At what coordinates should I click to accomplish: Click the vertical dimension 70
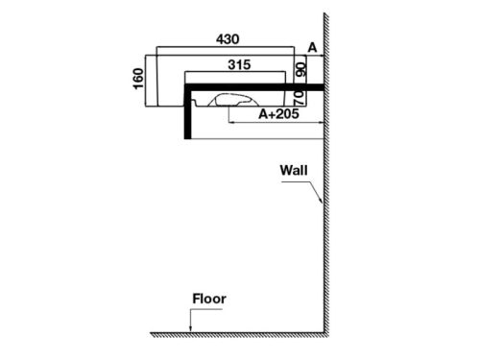pyautogui.click(x=300, y=96)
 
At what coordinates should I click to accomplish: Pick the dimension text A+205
pyautogui.click(x=277, y=113)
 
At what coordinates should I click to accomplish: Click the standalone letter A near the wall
pyautogui.click(x=312, y=46)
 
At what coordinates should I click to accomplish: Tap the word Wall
pyautogui.click(x=294, y=170)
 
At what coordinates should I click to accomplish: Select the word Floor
pyautogui.click(x=208, y=299)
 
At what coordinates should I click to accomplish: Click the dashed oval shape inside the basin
pyautogui.click(x=240, y=98)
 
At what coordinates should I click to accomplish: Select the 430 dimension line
pyautogui.click(x=227, y=47)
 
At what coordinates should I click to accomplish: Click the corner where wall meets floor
pyautogui.click(x=323, y=333)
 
